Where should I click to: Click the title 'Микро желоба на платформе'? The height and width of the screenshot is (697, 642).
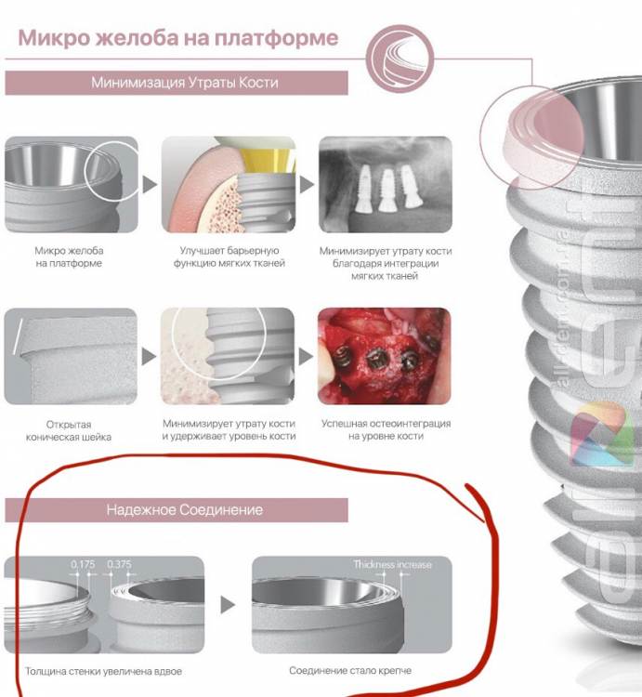click(178, 38)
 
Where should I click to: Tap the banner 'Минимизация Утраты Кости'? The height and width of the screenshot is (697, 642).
click(177, 83)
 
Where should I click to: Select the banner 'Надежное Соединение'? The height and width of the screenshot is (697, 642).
click(177, 510)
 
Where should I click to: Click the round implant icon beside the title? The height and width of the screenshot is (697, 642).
click(400, 59)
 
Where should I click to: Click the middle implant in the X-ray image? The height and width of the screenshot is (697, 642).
click(387, 190)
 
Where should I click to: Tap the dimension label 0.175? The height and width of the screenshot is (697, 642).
click(83, 564)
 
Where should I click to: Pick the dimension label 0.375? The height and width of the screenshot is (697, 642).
click(119, 564)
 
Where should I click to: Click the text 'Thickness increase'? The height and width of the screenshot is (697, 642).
click(392, 564)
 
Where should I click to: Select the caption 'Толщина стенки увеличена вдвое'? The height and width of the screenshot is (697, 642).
click(103, 671)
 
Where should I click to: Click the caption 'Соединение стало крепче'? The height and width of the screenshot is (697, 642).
click(350, 670)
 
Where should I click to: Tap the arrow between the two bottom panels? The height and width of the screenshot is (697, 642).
click(228, 605)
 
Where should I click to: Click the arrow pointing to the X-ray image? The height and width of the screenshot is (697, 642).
click(307, 185)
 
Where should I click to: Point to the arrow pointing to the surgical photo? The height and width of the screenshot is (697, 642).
click(306, 357)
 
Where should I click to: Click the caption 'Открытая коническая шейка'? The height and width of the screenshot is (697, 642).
click(69, 430)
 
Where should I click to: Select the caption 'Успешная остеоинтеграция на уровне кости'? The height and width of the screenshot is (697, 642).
click(386, 430)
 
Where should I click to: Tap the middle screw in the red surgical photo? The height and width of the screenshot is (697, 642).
click(376, 359)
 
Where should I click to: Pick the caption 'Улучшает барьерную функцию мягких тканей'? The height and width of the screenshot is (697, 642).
click(229, 256)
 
